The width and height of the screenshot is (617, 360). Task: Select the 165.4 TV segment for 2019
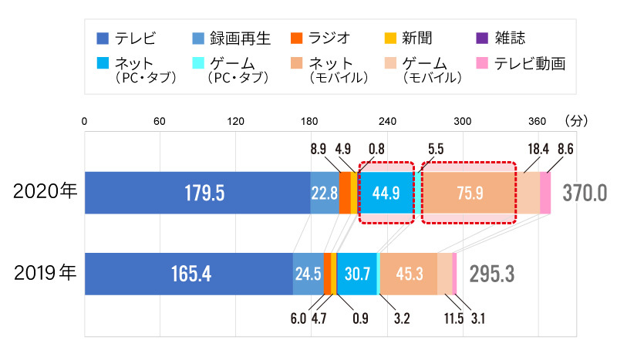pyautogui.click(x=188, y=274)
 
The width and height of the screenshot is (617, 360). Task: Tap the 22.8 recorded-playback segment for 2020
pyautogui.click(x=324, y=193)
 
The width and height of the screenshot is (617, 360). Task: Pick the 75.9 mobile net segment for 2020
pyautogui.click(x=469, y=193)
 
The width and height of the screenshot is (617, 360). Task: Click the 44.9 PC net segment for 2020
pyautogui.click(x=386, y=193)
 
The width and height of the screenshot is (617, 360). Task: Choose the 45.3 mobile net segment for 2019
pyautogui.click(x=409, y=274)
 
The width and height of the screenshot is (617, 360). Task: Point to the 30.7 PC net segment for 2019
pyautogui.click(x=357, y=274)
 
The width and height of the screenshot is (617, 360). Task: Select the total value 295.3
pyautogui.click(x=488, y=274)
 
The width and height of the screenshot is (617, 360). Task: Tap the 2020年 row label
pyautogui.click(x=46, y=192)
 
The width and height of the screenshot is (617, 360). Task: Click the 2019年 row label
pyautogui.click(x=46, y=273)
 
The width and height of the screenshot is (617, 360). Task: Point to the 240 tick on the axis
pyautogui.click(x=387, y=121)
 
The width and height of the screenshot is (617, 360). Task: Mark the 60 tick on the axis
pyautogui.click(x=160, y=121)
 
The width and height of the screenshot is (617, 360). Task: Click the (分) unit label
pyautogui.click(x=576, y=121)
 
